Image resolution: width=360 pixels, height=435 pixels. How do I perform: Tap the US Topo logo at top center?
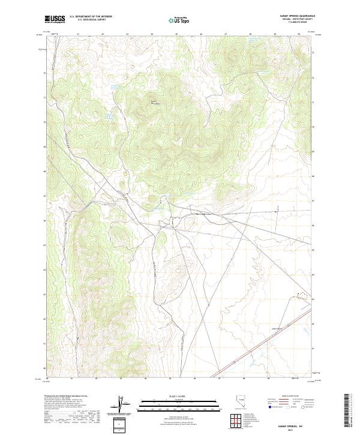click(173, 20)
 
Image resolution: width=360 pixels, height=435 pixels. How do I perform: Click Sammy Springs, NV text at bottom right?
click(298, 425)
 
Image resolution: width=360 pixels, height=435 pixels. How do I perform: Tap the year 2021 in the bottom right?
click(298, 429)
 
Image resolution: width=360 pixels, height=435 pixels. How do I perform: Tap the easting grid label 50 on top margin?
click(299, 34)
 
